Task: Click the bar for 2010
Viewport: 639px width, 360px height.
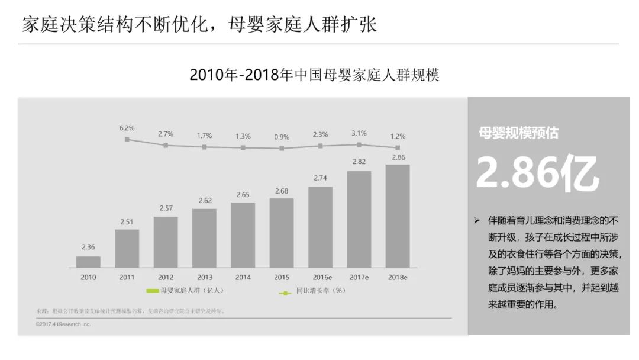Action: [x=88, y=262]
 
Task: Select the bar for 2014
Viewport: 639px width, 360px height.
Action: [x=243, y=235]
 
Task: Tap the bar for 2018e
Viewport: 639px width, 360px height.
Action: [x=397, y=216]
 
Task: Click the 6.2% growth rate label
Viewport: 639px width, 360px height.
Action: [x=127, y=128]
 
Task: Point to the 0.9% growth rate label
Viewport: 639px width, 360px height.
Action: [x=282, y=137]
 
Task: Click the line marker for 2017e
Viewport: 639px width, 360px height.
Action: [x=359, y=144]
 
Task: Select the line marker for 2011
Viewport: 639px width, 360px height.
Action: [x=127, y=139]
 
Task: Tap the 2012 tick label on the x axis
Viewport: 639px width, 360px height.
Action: [x=166, y=277]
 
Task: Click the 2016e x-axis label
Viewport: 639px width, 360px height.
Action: [x=320, y=277]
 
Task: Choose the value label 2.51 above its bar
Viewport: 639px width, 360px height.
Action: [x=127, y=222]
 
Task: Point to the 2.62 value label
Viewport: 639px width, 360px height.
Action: [x=204, y=201]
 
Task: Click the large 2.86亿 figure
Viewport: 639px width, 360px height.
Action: [x=537, y=173]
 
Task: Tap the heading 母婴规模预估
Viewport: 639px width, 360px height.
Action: [x=518, y=133]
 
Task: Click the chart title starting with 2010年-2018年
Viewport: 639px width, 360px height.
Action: [x=314, y=76]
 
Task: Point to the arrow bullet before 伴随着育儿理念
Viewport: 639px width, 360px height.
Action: [x=476, y=220]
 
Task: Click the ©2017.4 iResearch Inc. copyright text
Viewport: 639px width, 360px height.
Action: [x=63, y=324]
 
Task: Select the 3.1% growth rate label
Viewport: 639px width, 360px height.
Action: [x=359, y=133]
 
